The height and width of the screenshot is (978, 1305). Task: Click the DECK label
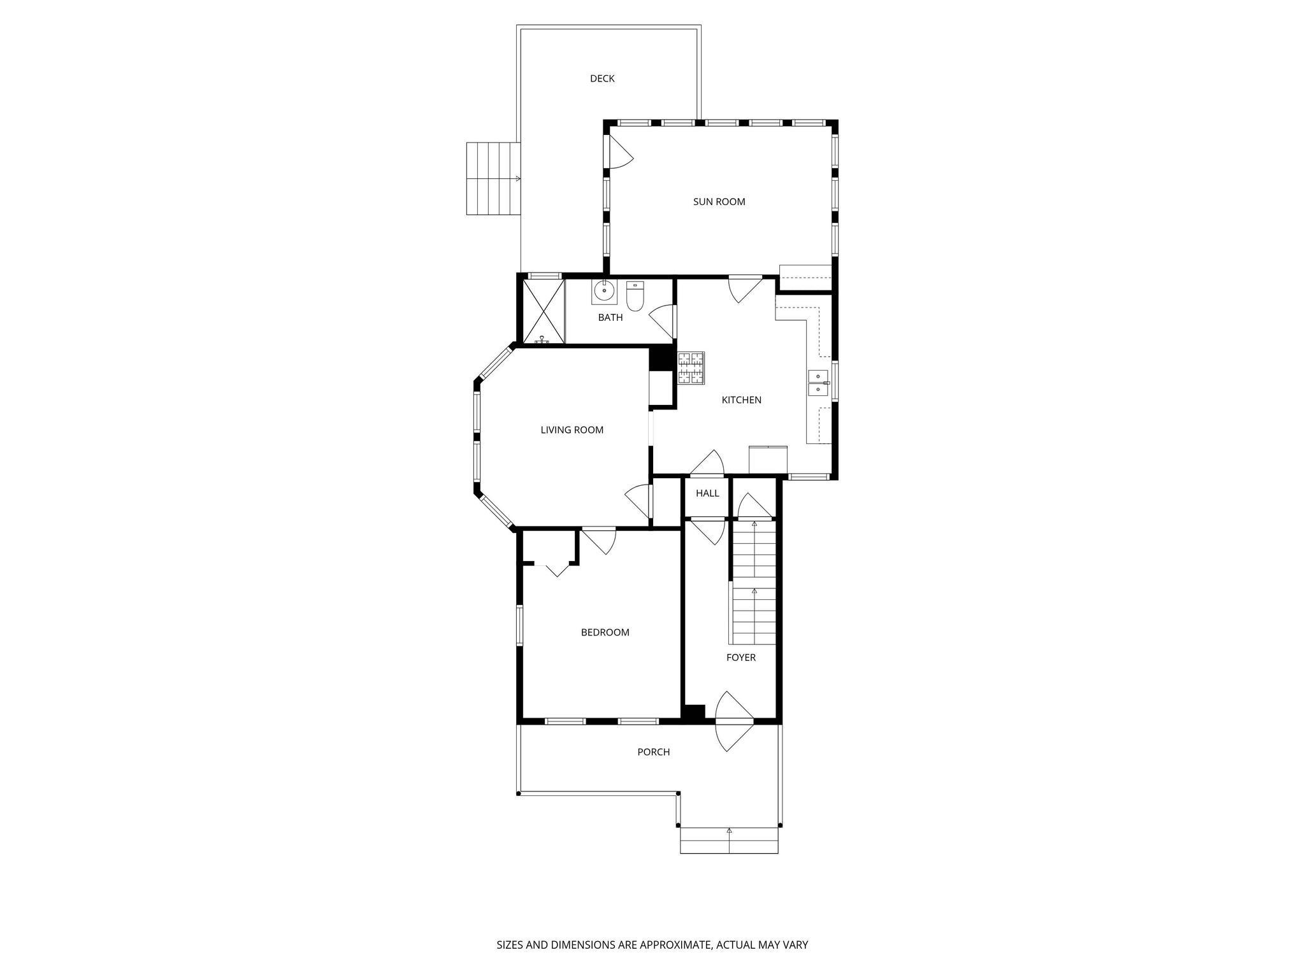(602, 79)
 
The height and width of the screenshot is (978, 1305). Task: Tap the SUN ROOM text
(719, 202)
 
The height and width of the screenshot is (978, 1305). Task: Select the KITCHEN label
(741, 400)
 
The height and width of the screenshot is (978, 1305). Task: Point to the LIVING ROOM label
(572, 430)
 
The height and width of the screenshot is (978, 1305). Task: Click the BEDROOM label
(605, 633)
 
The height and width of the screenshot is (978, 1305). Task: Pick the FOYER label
(740, 658)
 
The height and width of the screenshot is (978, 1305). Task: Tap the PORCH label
(653, 753)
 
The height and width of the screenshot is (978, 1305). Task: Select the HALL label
(707, 493)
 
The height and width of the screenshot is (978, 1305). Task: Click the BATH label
(610, 318)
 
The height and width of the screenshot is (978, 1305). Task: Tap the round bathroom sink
(603, 292)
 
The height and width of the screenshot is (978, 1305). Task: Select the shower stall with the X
(544, 311)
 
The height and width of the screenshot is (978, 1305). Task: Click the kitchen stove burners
(691, 369)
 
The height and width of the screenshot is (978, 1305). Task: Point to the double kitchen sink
(818, 382)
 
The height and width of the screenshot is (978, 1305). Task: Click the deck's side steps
(493, 179)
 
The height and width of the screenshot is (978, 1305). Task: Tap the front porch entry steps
(729, 840)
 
